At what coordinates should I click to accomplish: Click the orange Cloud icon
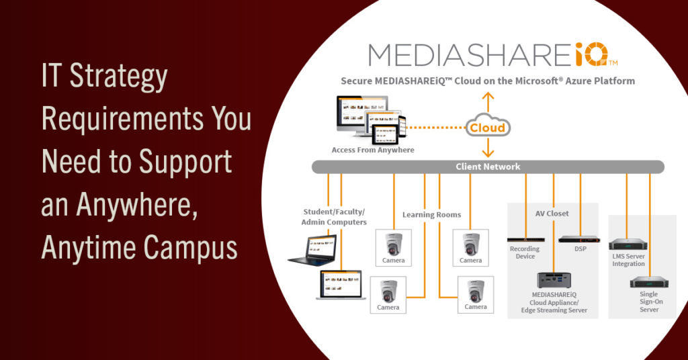point(488,127)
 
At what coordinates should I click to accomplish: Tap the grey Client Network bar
point(488,167)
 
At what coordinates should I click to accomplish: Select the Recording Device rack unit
point(525,239)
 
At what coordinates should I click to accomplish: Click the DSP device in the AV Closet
point(580,238)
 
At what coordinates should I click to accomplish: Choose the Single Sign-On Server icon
point(649,282)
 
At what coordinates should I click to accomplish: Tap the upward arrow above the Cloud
point(488,101)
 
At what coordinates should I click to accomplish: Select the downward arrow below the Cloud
point(488,148)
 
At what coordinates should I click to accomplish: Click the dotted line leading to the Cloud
point(437,127)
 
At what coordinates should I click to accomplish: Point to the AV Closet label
point(552,214)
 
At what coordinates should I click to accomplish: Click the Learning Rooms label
point(431,215)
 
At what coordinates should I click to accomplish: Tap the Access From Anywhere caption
point(373,150)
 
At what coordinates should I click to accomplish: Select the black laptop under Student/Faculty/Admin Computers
point(312,248)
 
